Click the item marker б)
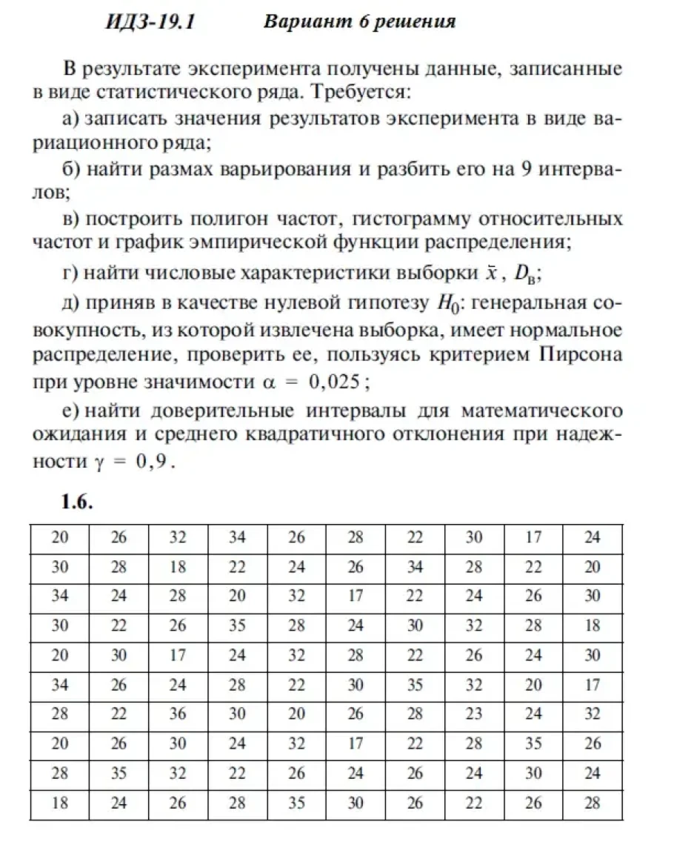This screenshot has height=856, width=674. tap(71, 169)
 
